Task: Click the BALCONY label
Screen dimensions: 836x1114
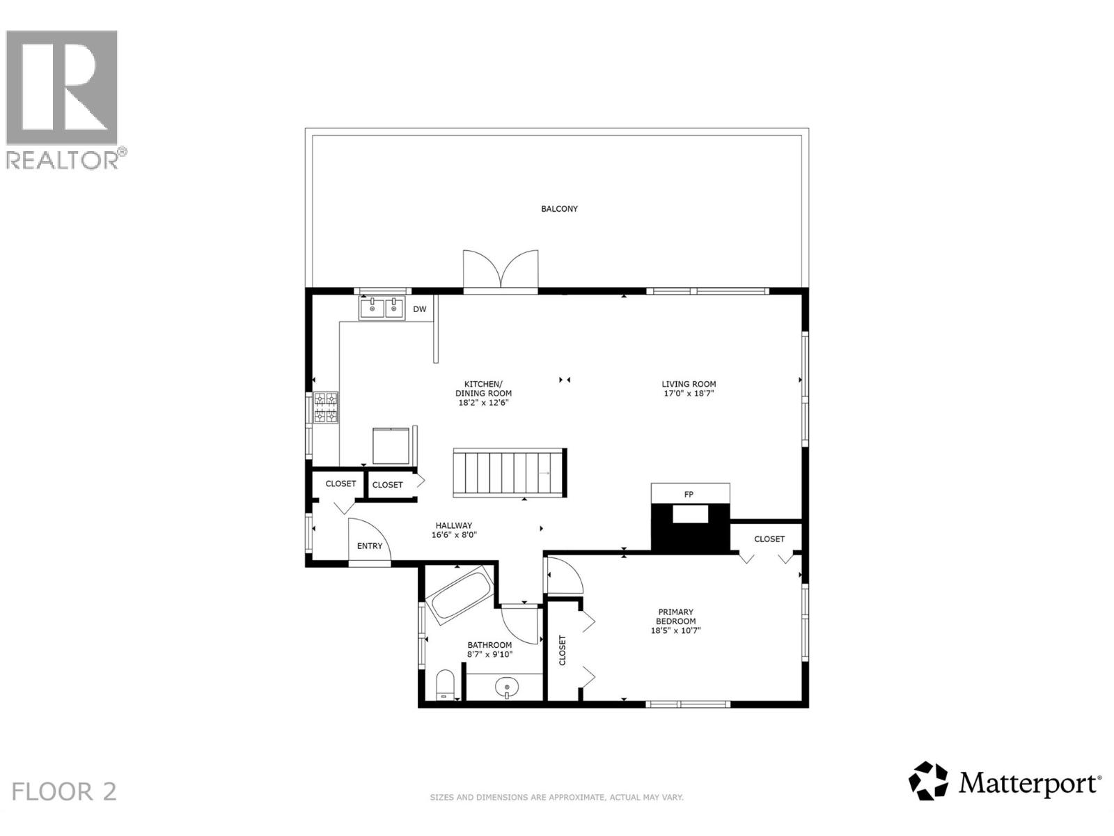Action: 559,209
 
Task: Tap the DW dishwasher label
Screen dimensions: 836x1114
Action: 419,309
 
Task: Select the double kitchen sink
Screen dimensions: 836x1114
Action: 382,307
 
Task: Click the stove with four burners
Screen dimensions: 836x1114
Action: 325,408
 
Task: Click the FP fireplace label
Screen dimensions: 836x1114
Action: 689,495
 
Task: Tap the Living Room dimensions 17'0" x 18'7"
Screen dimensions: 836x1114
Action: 689,394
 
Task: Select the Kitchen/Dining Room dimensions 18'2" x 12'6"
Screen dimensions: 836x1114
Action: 483,403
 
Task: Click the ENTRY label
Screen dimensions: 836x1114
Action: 370,546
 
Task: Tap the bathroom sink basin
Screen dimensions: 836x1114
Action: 508,688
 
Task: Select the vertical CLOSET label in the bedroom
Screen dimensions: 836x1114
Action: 563,650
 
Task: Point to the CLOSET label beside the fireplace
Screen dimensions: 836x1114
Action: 769,539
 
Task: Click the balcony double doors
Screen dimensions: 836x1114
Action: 501,270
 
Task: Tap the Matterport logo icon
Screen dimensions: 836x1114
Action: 928,781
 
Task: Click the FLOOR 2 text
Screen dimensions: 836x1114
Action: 64,792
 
